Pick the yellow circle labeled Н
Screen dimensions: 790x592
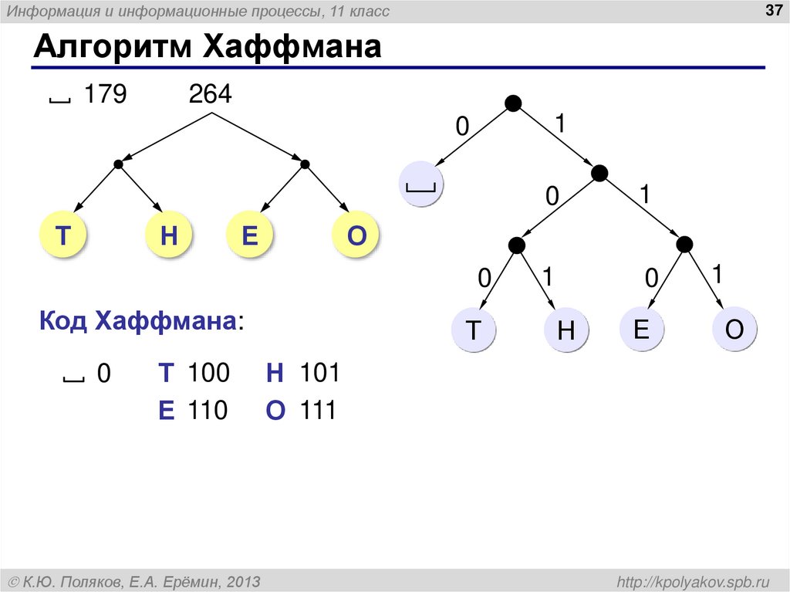click(168, 236)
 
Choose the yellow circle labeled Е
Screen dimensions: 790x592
click(249, 236)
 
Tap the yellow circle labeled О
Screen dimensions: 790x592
click(356, 236)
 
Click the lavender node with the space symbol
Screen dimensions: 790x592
click(421, 184)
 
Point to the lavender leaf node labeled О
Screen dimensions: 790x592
click(734, 330)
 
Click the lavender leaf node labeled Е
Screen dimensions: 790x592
click(640, 330)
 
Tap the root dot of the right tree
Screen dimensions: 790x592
click(513, 103)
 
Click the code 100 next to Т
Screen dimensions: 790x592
click(208, 374)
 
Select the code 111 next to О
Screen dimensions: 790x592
click(319, 411)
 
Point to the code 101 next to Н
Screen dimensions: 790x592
click(319, 374)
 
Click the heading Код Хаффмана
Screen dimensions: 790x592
click(138, 322)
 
